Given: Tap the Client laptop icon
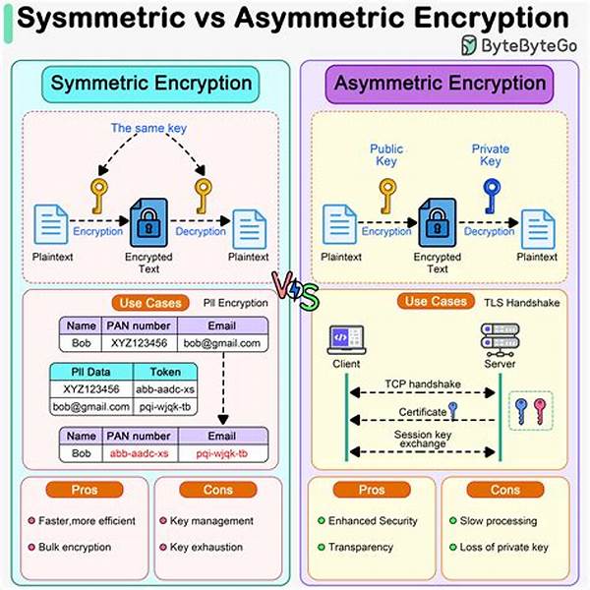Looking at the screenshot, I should pyautogui.click(x=345, y=340).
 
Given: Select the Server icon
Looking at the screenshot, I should pyautogui.click(x=494, y=340).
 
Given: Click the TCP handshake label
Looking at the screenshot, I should pyautogui.click(x=421, y=383).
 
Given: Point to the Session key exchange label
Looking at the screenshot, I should pyautogui.click(x=421, y=440).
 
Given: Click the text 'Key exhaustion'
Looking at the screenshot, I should pyautogui.click(x=213, y=547).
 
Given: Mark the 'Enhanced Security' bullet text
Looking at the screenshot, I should pyautogui.click(x=373, y=521).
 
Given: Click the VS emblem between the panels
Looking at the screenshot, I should pyautogui.click(x=294, y=290).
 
